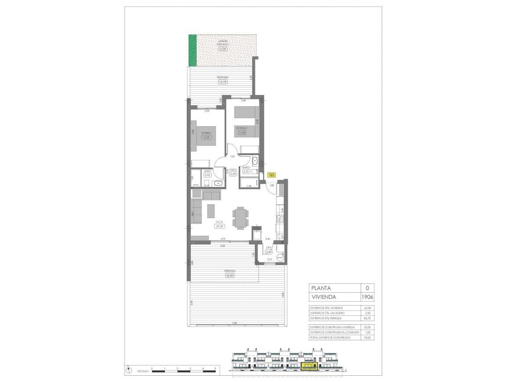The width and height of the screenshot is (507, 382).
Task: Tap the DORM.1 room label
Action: tap(205, 133)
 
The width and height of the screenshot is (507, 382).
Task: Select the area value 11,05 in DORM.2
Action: tap(241, 132)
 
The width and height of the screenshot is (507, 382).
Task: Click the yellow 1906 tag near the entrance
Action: tap(272, 175)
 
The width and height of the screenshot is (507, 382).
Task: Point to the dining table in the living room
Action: tap(240, 217)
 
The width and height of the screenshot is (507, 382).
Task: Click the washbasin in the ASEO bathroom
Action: tap(218, 183)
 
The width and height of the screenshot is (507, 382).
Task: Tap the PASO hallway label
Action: tap(233, 170)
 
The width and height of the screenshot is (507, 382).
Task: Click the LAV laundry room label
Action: tap(269, 248)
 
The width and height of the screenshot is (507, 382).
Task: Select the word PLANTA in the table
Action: tap(321, 288)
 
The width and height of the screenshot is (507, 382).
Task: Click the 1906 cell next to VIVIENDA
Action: tap(367, 297)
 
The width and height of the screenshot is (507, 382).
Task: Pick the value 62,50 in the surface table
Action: tap(367, 308)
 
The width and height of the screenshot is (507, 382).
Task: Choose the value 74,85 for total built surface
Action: tap(367, 338)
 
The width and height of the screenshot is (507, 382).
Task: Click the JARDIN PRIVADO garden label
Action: tap(222, 43)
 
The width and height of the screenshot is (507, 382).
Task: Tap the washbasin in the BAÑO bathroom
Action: tap(254, 161)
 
